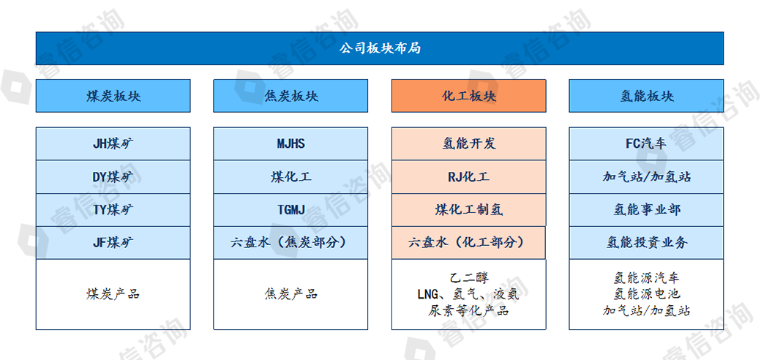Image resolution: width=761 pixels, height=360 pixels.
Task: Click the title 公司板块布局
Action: coord(380,48)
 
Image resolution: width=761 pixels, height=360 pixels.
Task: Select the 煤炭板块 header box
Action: coord(113,96)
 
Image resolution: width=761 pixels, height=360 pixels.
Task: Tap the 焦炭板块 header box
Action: coord(290,96)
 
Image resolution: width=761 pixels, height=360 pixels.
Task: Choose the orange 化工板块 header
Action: coord(469,96)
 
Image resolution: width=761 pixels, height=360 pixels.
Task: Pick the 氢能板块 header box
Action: coord(646,96)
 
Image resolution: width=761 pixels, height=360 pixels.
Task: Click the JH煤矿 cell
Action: coord(113,143)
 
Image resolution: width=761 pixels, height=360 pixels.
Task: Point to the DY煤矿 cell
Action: coord(113,176)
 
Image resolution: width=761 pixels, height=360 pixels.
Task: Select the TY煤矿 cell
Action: coord(113,209)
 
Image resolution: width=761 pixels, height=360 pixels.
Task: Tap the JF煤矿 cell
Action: coord(113,243)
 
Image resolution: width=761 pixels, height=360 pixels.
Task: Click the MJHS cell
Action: coord(290,143)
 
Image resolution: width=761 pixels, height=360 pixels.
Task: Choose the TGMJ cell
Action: coord(290,209)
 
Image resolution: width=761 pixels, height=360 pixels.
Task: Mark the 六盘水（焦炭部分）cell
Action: coord(290,243)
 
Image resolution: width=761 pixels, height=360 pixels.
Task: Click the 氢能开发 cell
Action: coord(469,143)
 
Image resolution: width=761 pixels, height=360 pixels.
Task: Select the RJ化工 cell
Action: coord(469,176)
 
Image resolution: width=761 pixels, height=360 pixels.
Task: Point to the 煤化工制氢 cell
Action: coord(469,209)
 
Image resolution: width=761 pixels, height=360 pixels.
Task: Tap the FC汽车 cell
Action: coord(646,143)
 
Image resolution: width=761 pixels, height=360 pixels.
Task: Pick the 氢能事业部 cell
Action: coord(646,209)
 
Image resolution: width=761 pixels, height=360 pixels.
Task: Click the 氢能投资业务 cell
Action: coord(646,243)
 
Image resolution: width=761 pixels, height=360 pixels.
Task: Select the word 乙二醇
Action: coord(469,277)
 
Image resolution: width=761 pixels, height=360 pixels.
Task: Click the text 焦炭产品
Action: coord(290,294)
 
